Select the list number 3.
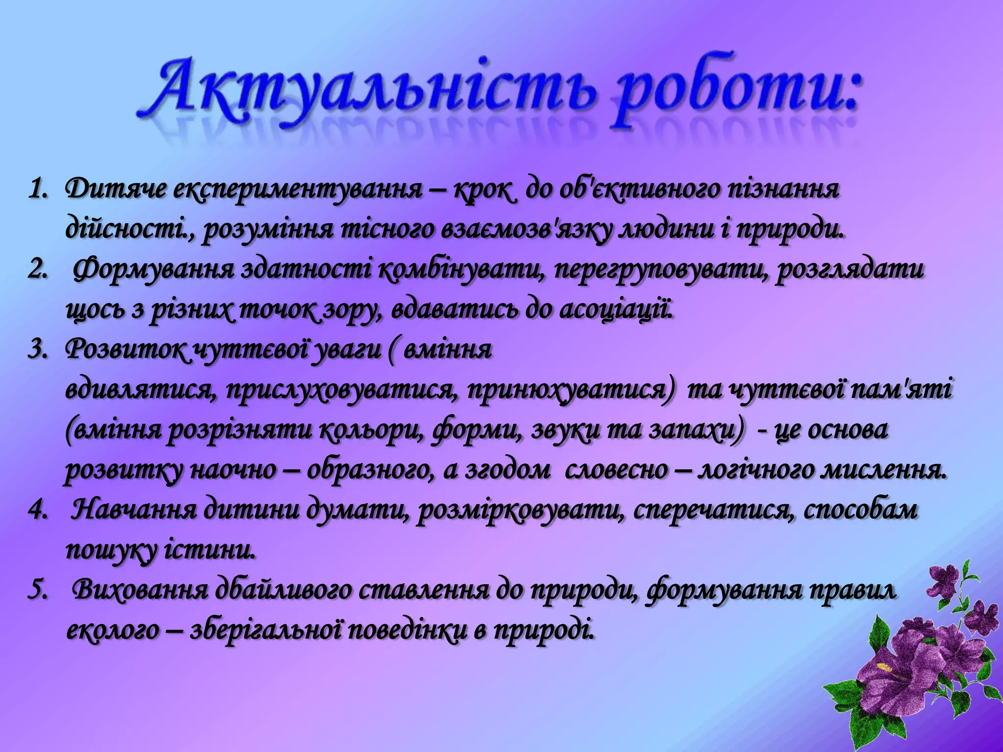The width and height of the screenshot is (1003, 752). (x=37, y=351)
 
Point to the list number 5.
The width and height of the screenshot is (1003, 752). (x=37, y=591)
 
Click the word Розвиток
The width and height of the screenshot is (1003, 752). (x=125, y=351)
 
